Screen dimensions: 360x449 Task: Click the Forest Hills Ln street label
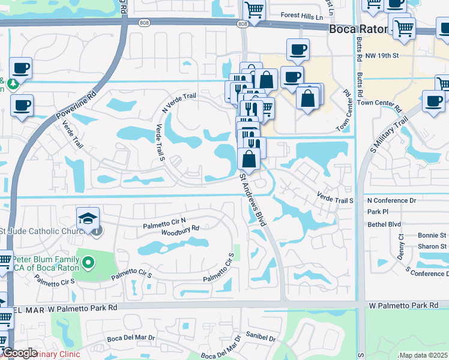(303, 16)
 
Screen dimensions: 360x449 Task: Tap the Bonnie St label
(432, 235)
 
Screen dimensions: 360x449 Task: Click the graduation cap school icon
(88, 217)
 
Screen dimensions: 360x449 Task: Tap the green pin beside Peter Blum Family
(89, 262)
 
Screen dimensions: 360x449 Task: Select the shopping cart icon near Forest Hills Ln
(254, 10)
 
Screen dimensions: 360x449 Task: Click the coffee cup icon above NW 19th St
(298, 49)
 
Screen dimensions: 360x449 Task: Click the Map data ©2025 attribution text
(423, 355)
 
